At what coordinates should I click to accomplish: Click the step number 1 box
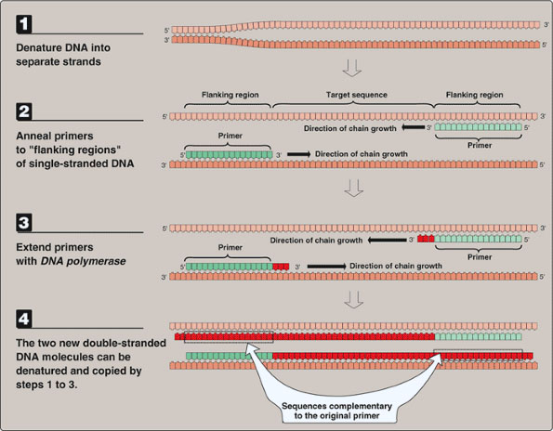(20, 20)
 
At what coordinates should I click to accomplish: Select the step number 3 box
(20, 225)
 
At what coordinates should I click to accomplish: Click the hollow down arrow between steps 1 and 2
(351, 68)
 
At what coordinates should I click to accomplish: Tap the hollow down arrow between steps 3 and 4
(351, 298)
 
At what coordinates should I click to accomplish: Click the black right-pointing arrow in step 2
(299, 153)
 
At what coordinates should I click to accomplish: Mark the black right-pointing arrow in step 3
(325, 265)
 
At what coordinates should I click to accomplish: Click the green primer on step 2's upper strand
(481, 129)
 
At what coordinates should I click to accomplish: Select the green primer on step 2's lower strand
(229, 153)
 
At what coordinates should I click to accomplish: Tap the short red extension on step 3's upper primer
(426, 240)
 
